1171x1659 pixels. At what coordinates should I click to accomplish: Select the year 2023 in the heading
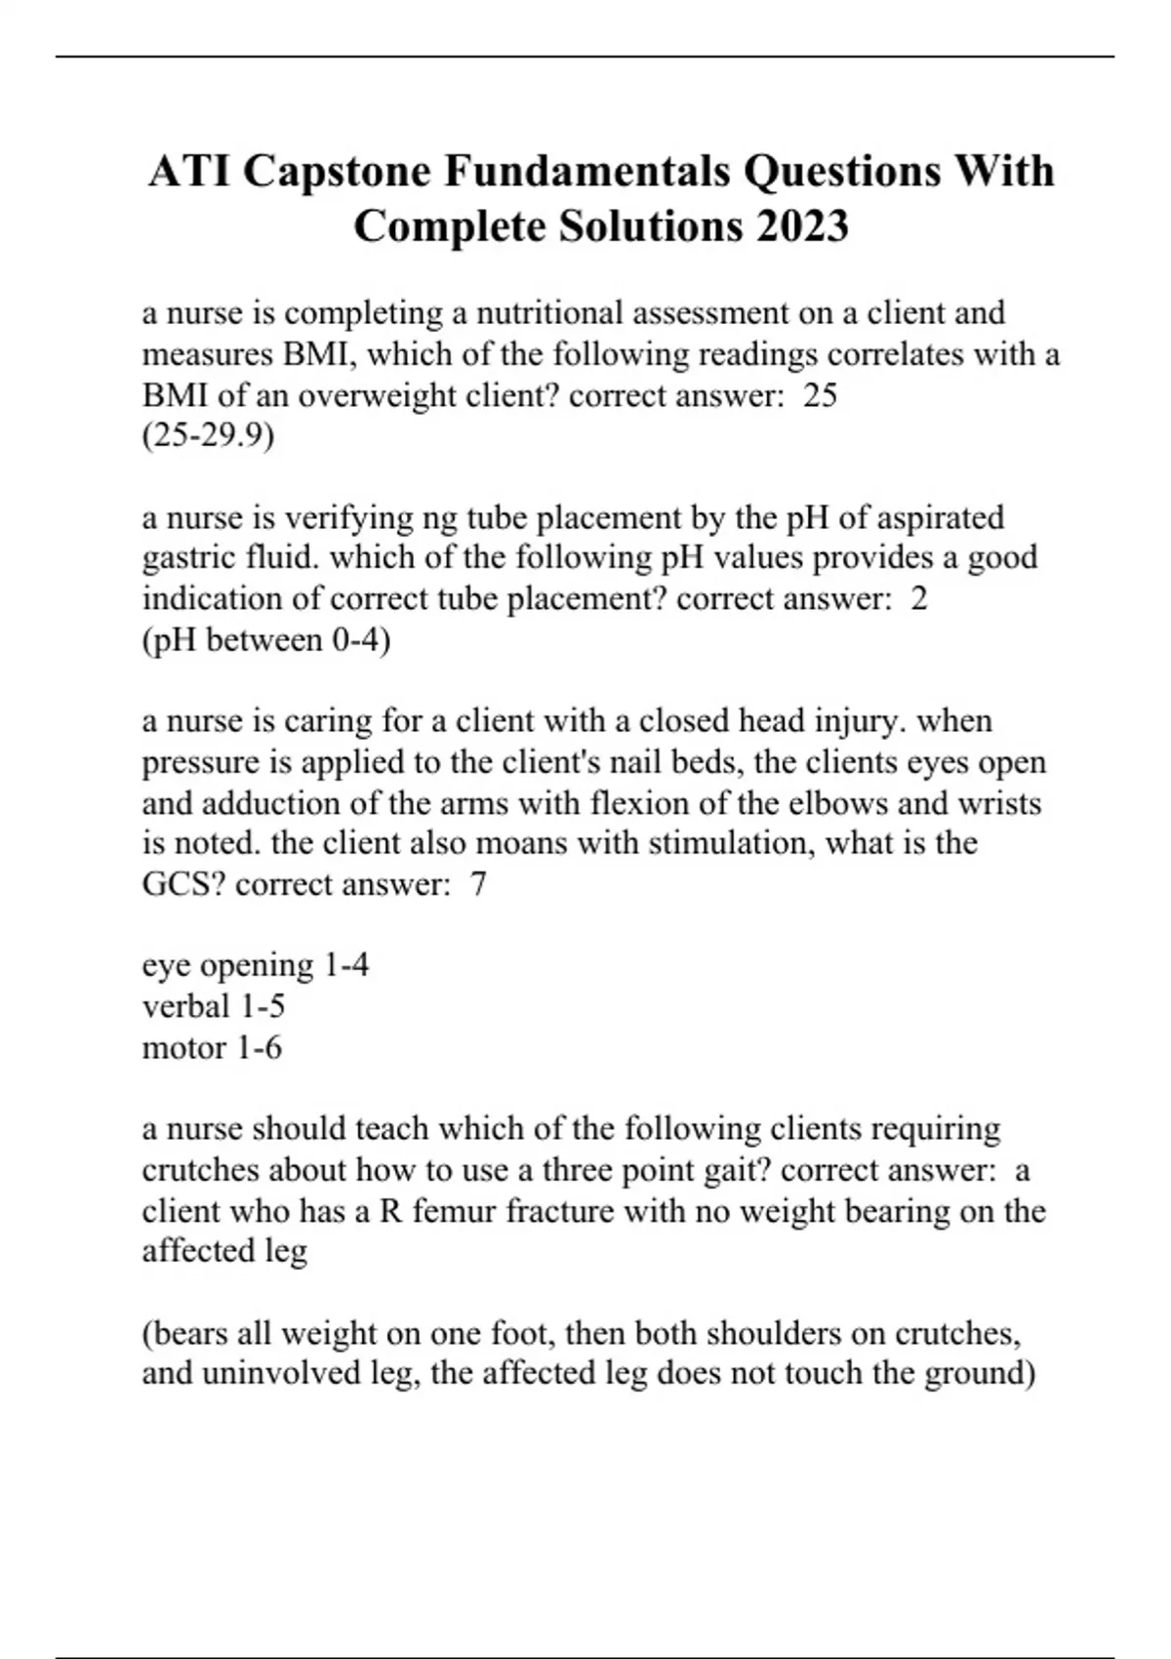pos(801,226)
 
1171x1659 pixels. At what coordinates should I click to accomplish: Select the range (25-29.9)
pos(208,436)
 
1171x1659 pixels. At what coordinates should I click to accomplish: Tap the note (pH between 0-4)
pos(266,640)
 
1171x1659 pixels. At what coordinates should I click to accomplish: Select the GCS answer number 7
pos(477,884)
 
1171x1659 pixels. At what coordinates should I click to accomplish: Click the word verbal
pos(185,1006)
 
